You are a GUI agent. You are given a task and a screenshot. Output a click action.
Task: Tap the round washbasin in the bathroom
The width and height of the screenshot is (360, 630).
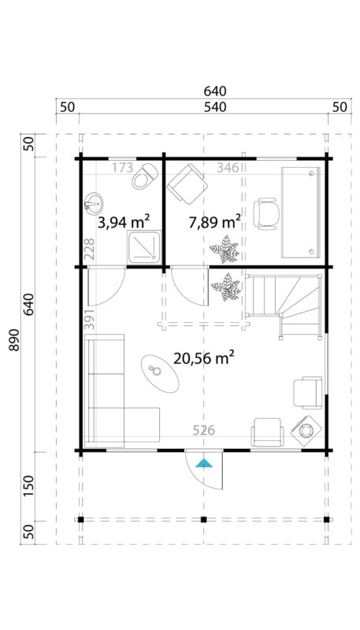(95, 205)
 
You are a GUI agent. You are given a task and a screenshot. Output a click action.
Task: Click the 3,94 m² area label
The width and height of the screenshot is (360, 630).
(124, 222)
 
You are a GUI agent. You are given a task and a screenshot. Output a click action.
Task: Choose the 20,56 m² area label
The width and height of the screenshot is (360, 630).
(204, 358)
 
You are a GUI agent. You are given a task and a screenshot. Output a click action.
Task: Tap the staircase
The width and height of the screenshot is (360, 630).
(284, 302)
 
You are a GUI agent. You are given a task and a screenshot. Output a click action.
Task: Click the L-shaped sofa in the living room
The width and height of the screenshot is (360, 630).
(110, 394)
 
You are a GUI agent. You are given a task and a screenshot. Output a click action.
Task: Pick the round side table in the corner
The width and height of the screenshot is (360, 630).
(306, 430)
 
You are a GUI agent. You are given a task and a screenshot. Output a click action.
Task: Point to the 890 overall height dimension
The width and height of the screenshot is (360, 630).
(17, 339)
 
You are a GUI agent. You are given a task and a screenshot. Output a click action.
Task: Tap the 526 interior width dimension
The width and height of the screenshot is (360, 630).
(204, 431)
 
